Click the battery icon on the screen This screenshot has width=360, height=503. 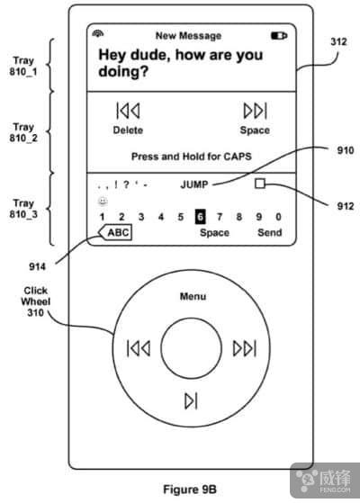tap(279, 35)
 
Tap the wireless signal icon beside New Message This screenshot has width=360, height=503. tap(98, 33)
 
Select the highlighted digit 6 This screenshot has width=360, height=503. tap(200, 217)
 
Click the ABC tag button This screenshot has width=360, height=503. tap(115, 232)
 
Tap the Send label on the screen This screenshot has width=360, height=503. tap(269, 232)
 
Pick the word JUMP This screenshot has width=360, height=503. tap(194, 184)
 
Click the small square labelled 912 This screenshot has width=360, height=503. tap(260, 184)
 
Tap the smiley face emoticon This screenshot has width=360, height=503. tap(103, 202)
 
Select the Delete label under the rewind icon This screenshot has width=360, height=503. tap(128, 130)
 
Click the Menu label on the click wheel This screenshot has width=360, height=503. tap(193, 296)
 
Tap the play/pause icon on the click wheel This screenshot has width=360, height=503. tap(191, 400)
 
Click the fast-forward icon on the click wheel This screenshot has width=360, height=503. tap(245, 348)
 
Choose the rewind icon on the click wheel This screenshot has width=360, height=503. tap(139, 348)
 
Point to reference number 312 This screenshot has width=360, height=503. tap(338, 41)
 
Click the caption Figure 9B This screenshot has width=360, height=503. tap(190, 490)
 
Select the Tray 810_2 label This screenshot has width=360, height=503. tap(23, 132)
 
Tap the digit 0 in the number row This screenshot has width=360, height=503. tap(278, 217)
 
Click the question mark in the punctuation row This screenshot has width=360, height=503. tap(126, 184)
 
